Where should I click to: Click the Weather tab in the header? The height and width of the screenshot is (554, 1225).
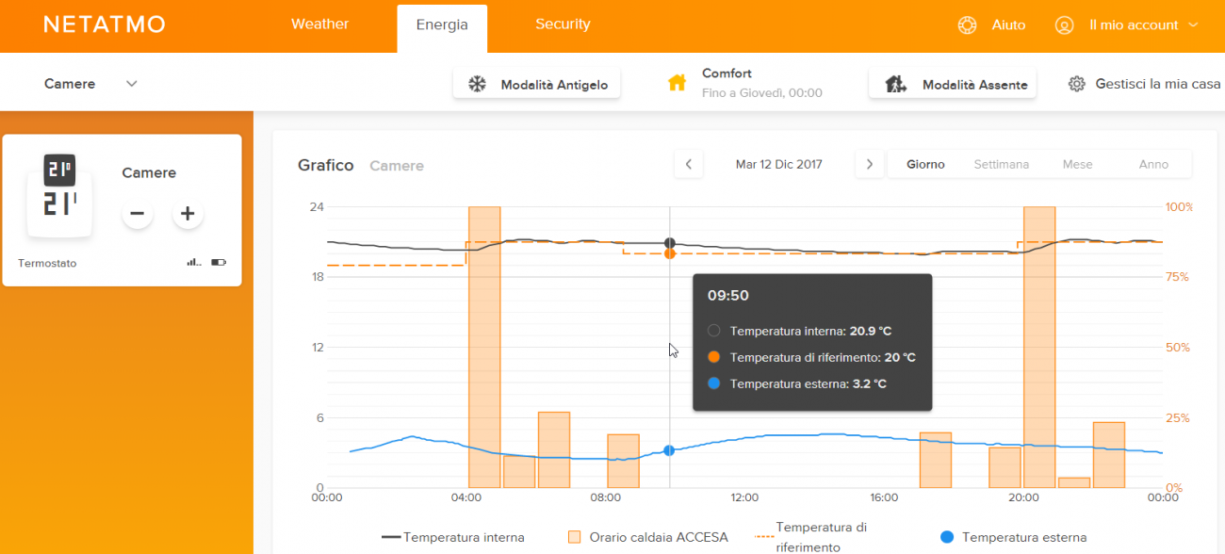320,24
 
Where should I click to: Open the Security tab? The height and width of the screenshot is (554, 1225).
563,24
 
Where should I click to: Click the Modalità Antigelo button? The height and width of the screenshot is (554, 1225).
536,84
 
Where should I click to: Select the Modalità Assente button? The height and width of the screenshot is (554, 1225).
953,84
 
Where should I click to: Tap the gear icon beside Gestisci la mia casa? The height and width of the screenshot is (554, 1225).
1077,84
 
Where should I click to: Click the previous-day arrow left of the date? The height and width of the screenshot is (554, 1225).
689,164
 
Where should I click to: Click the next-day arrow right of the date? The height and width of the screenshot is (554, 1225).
870,164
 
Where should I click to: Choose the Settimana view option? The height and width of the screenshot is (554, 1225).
1002,164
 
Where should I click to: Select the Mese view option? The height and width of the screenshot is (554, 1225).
1077,164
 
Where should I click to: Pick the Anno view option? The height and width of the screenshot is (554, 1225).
1153,164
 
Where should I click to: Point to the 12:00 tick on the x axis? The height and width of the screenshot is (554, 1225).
744,497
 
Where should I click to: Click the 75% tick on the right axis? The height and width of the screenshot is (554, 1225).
1177,277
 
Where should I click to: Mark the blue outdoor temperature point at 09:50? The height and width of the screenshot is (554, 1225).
669,450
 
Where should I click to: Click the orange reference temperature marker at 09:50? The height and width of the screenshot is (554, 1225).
670,253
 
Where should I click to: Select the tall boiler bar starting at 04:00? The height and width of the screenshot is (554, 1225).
484,347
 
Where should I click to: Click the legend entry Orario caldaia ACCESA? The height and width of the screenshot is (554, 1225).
648,537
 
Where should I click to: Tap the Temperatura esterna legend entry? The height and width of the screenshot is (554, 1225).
1013,537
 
